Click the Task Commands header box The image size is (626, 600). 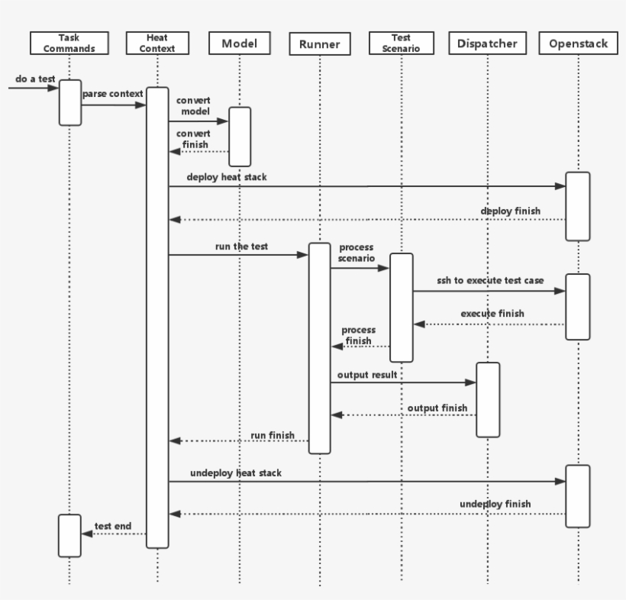point(69,44)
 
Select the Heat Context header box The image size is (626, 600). point(157,44)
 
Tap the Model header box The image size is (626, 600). point(239,44)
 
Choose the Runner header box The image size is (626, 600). point(320,44)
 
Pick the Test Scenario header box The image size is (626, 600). point(401,44)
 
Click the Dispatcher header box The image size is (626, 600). point(488,44)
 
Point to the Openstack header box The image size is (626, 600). point(579,44)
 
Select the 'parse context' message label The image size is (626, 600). point(113,94)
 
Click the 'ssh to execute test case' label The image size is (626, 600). point(490,281)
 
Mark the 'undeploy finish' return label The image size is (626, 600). point(495,504)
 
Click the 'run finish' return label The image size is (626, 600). point(273,435)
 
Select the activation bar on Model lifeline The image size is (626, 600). point(240,136)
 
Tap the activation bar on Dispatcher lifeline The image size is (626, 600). point(488,399)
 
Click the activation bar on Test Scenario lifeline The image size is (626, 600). point(402,307)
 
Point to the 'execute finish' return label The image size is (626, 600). point(492,314)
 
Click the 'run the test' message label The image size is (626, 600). point(241,247)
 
